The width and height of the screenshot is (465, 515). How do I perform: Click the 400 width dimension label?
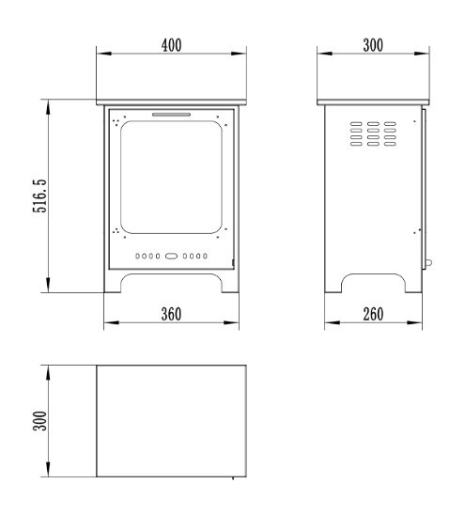click(171, 45)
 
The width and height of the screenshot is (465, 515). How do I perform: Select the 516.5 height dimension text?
click(40, 196)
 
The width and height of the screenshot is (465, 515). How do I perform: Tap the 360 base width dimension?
click(171, 314)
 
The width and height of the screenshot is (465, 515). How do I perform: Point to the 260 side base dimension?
click(373, 314)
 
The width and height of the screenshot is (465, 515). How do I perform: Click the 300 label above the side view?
click(373, 45)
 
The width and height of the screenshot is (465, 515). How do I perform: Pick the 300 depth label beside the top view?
click(40, 420)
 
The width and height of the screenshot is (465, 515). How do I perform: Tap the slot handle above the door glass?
click(171, 115)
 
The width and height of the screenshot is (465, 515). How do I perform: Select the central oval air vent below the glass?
click(171, 256)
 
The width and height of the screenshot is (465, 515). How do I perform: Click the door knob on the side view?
click(428, 262)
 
